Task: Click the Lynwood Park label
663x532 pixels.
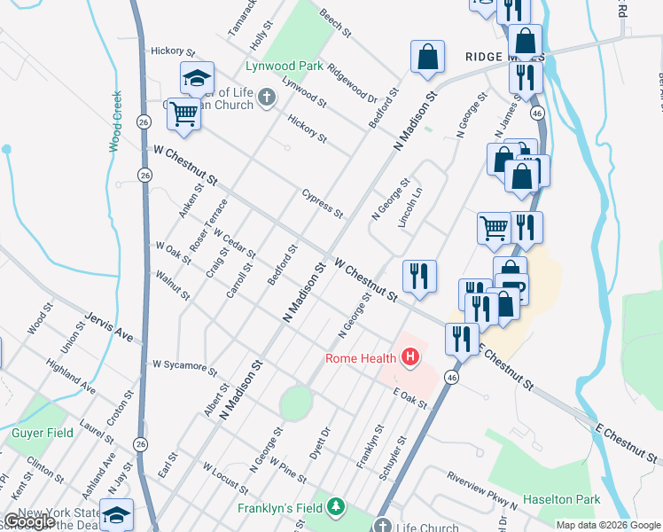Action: [x=284, y=66]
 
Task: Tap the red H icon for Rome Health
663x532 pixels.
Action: [x=410, y=358]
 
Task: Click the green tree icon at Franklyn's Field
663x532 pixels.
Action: [x=336, y=508]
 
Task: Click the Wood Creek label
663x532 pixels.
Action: [x=115, y=120]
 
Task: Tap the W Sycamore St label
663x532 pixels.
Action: [x=184, y=364]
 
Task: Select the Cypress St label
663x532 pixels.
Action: [x=322, y=203]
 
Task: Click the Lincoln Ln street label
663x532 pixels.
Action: [x=409, y=207]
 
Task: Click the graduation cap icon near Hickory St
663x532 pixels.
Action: [x=197, y=77]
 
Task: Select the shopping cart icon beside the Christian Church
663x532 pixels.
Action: [x=183, y=113]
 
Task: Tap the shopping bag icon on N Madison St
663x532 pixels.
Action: [x=427, y=57]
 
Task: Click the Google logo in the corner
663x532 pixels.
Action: [x=28, y=521]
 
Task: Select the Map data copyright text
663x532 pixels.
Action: [x=607, y=525]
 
